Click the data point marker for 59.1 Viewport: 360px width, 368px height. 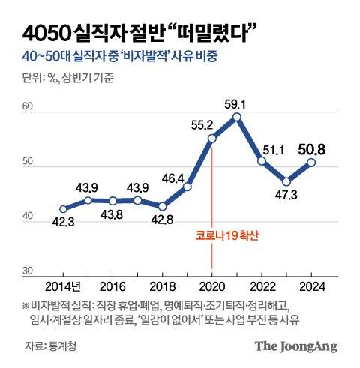point(237,117)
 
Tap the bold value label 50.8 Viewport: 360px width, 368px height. point(313,148)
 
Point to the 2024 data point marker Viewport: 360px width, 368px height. point(311,162)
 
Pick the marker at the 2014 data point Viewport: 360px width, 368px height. point(63,209)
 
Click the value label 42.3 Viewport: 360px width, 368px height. point(63,223)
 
